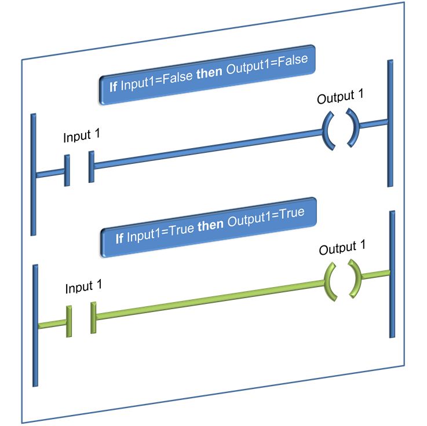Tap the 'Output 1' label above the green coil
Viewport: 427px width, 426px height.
[343, 248]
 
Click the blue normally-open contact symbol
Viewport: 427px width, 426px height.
[79, 169]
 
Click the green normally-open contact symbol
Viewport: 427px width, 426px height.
[82, 318]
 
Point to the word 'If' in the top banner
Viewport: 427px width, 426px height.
[114, 87]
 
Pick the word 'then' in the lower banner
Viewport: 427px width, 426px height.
[211, 225]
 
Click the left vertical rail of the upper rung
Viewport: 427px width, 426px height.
[34, 174]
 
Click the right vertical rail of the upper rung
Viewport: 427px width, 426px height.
[390, 122]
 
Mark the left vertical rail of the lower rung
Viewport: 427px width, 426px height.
[36, 324]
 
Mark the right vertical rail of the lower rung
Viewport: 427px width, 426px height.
[392, 275]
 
